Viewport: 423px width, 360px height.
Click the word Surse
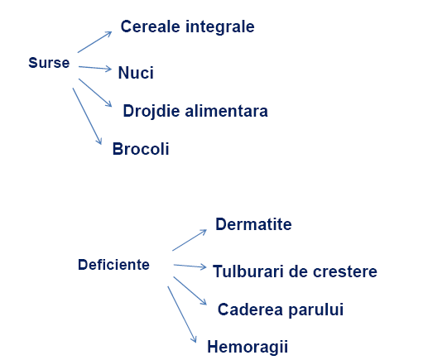[x=49, y=63]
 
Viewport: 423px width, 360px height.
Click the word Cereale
[x=151, y=26]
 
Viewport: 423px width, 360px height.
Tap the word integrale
[x=220, y=27]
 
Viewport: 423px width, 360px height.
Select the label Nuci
[x=136, y=73]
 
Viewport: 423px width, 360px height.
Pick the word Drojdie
[x=151, y=112]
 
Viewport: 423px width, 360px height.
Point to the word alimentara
[x=226, y=111]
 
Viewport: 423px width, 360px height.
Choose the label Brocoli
[x=141, y=149]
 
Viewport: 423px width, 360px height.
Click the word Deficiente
[x=113, y=265]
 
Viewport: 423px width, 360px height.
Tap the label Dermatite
[x=253, y=224]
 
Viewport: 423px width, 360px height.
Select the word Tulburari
[x=248, y=271]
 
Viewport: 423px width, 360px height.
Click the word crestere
[x=345, y=271]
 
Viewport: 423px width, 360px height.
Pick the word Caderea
[x=250, y=310]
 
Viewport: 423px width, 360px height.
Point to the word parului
[x=316, y=310]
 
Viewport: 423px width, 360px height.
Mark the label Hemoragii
[x=248, y=347]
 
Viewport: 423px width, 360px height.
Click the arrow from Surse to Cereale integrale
[x=94, y=42]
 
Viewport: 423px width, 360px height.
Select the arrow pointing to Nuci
[x=95, y=68]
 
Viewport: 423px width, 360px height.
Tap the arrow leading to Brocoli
[x=87, y=116]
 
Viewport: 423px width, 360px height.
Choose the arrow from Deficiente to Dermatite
[x=190, y=240]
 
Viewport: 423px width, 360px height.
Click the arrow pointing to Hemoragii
[x=182, y=314]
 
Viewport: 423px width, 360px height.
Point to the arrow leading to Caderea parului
[x=190, y=290]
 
